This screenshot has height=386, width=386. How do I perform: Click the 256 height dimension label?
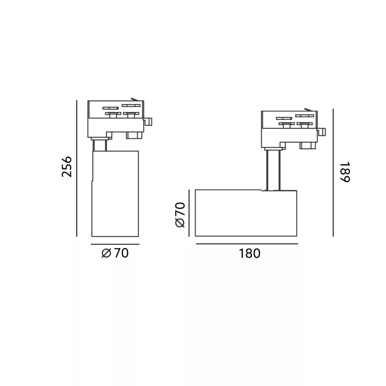[x=66, y=167]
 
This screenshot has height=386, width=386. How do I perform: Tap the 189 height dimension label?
[x=345, y=172]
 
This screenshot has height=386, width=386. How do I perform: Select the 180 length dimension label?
[x=250, y=253]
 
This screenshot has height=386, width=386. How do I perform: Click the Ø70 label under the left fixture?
[x=115, y=253]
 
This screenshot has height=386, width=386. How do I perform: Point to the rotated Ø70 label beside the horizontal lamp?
[x=180, y=214]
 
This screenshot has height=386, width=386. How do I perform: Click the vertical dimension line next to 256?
[x=77, y=168]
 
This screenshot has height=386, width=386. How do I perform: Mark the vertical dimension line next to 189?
[x=333, y=173]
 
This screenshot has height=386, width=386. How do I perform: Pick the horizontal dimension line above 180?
[x=247, y=244]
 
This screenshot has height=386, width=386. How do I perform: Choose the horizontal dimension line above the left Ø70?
[x=115, y=244]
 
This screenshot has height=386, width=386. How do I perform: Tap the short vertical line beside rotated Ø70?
[x=189, y=213]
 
